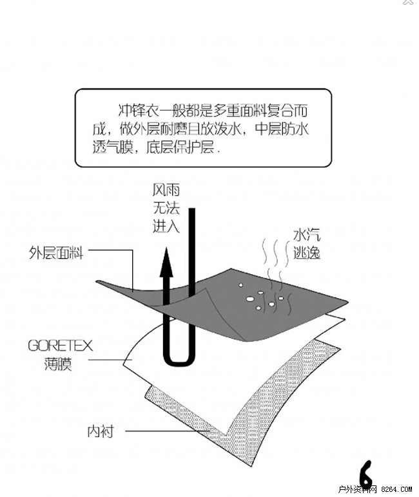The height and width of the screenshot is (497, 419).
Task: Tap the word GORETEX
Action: click(x=60, y=346)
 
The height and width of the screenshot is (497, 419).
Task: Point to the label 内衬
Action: click(x=101, y=431)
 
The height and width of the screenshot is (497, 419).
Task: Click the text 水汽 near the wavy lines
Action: click(x=306, y=235)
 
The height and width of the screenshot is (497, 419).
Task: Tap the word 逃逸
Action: click(x=306, y=253)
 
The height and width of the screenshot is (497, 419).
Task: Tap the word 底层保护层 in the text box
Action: click(x=181, y=147)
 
